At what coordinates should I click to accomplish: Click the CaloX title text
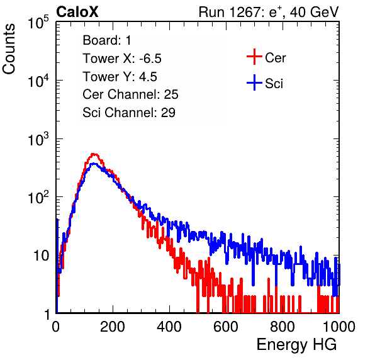click(x=77, y=12)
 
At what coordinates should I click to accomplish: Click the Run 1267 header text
click(x=269, y=12)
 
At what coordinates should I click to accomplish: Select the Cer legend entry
click(x=266, y=57)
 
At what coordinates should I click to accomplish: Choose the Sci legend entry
click(x=265, y=83)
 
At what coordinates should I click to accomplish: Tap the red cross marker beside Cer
click(x=254, y=57)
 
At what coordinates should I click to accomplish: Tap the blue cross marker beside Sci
click(x=254, y=82)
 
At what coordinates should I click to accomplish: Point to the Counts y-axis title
click(x=9, y=49)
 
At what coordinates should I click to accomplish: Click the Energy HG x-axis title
click(x=296, y=345)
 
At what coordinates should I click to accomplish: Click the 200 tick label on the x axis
click(x=113, y=327)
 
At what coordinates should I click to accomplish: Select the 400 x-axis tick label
click(x=169, y=327)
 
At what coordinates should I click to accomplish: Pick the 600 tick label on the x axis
click(x=226, y=327)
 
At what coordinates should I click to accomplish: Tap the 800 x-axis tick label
click(x=283, y=327)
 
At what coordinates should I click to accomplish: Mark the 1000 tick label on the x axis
click(x=339, y=327)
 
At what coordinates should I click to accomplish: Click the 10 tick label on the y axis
click(x=42, y=256)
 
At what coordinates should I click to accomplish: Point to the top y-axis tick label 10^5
click(x=38, y=22)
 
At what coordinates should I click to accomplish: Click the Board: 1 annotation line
click(x=107, y=40)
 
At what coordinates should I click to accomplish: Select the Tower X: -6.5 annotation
click(x=122, y=59)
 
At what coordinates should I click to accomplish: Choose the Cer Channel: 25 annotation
click(x=130, y=94)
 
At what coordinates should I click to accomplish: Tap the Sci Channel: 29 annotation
click(x=129, y=113)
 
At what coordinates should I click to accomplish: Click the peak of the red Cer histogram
click(x=94, y=154)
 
